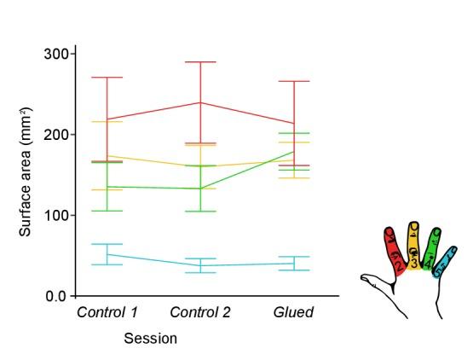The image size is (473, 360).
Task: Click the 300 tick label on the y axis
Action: tap(57, 54)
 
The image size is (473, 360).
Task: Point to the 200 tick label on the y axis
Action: tap(57, 135)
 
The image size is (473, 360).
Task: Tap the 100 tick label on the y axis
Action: tap(57, 216)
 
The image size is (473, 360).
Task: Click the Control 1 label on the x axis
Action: tap(107, 312)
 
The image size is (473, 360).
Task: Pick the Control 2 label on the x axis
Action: tap(200, 312)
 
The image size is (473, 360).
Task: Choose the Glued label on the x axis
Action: tap(293, 312)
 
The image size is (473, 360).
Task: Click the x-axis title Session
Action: tap(151, 339)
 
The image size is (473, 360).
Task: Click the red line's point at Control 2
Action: tap(201, 102)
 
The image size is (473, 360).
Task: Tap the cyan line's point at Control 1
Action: tap(107, 254)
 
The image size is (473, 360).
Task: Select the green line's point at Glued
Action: tap(294, 152)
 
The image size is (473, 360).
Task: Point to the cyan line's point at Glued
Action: tap(294, 263)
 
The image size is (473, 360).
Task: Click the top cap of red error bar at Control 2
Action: tap(201, 62)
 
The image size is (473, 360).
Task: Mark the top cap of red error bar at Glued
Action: tap(294, 81)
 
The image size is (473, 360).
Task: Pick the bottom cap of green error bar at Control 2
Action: tap(201, 211)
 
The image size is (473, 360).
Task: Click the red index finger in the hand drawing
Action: tap(395, 249)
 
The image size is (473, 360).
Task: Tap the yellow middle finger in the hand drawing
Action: tap(414, 246)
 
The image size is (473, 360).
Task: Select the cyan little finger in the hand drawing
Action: tap(445, 261)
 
